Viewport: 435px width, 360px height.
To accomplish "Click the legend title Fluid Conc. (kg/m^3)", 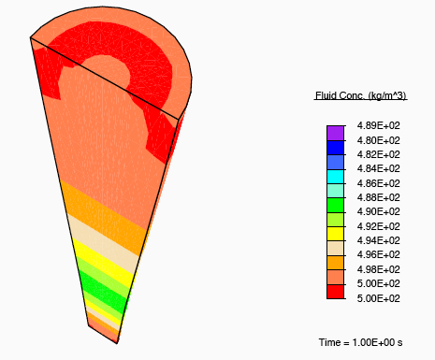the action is (360, 95).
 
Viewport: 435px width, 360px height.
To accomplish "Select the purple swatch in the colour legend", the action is (335, 133).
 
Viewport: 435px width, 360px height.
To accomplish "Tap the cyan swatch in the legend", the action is (335, 177).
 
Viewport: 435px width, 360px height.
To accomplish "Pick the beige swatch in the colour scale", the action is (335, 249).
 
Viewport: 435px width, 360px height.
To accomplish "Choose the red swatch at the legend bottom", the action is (335, 292).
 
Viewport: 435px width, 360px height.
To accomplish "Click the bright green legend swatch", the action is (335, 206).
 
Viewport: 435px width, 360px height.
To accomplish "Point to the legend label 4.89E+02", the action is (378, 125).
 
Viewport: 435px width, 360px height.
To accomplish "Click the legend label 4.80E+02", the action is (378, 140).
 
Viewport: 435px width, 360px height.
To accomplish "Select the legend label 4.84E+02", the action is (378, 168).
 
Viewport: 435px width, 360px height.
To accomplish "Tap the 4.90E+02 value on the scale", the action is (378, 211).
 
